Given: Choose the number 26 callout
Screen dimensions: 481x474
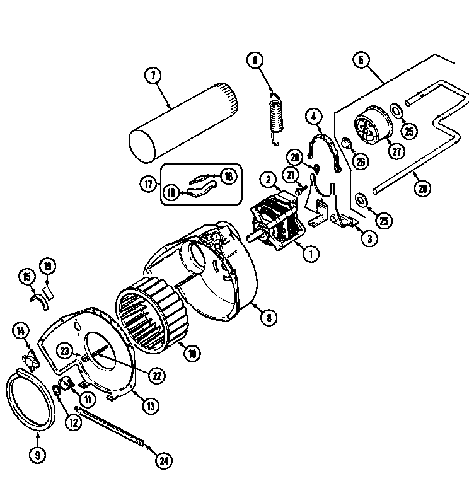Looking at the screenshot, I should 361,161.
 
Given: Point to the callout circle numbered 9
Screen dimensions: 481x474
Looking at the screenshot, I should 37,455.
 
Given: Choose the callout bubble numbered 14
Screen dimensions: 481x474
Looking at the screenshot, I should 20,329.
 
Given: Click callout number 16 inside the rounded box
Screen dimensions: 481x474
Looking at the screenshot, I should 228,177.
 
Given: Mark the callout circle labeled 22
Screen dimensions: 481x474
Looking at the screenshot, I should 156,375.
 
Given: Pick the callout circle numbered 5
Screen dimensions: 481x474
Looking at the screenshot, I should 361,61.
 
